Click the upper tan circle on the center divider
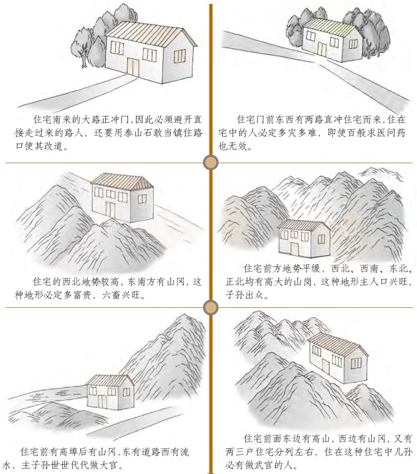pos(209,162)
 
